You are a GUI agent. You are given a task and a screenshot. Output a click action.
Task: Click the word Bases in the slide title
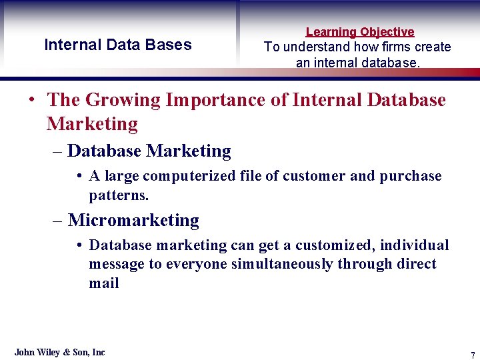click(171, 45)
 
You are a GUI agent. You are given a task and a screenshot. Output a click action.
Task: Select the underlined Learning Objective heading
click(360, 32)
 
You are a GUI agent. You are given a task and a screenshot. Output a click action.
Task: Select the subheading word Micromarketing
click(133, 220)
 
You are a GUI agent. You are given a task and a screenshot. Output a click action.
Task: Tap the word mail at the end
click(104, 283)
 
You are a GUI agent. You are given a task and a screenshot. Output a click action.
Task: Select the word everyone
click(196, 264)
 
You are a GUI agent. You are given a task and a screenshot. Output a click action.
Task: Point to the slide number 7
click(473, 354)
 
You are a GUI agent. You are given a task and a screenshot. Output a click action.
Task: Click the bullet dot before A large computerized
click(79, 176)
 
